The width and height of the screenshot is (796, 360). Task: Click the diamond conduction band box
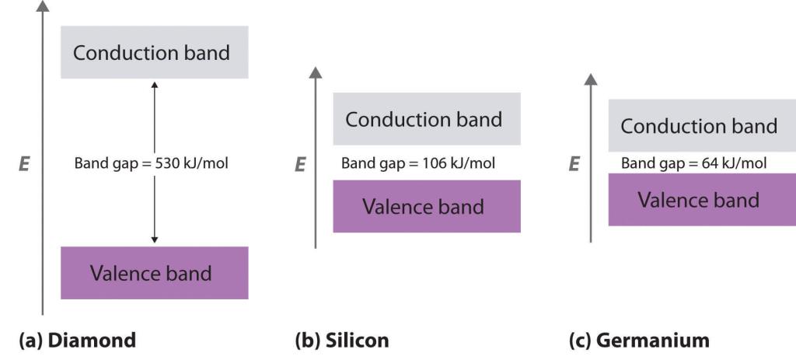pos(155,52)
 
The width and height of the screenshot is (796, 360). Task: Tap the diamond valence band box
pos(155,273)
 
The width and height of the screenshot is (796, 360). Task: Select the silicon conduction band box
pos(427,119)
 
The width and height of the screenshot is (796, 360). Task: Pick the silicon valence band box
pos(427,206)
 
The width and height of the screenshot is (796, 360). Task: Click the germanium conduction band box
pos(702,125)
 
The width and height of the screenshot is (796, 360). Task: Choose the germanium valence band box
pos(702,200)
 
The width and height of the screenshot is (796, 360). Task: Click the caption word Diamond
pos(92,340)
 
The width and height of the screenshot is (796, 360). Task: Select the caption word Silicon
pos(356,340)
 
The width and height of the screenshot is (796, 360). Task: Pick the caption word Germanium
pos(652,340)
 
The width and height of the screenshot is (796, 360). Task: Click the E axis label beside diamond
pos(24,164)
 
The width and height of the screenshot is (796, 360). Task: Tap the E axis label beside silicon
pos(300,164)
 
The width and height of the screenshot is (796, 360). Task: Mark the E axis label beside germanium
pos(574,164)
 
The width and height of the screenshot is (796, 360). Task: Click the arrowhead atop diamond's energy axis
pos(43,5)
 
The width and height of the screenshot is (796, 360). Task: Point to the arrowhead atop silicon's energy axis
pos(316,72)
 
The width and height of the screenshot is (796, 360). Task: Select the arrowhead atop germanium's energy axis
pos(591,79)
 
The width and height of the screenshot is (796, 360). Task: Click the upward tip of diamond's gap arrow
pos(155,81)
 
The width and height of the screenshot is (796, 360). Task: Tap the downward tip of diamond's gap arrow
pos(155,243)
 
